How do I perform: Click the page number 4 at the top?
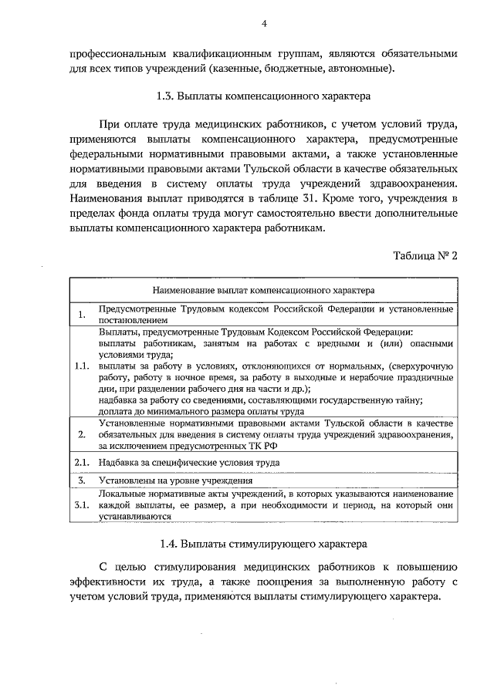(263, 24)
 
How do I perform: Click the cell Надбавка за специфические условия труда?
(188, 461)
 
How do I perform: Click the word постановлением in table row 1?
(130, 317)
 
